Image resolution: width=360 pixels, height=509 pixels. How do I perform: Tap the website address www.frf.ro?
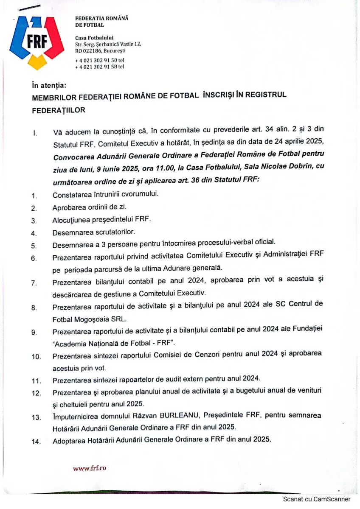coord(90,468)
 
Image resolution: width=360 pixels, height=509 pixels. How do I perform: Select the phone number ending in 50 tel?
coord(100,60)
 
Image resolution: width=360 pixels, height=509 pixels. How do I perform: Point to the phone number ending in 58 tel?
coord(100,67)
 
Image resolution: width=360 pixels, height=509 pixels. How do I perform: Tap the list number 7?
coord(34,283)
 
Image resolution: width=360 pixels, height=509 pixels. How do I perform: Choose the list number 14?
coord(36,442)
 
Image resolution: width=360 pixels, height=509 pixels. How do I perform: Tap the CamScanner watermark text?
coord(317,499)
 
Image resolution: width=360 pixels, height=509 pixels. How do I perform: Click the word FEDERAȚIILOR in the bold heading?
coord(59,110)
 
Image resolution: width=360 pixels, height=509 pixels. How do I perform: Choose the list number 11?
coord(36,380)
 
